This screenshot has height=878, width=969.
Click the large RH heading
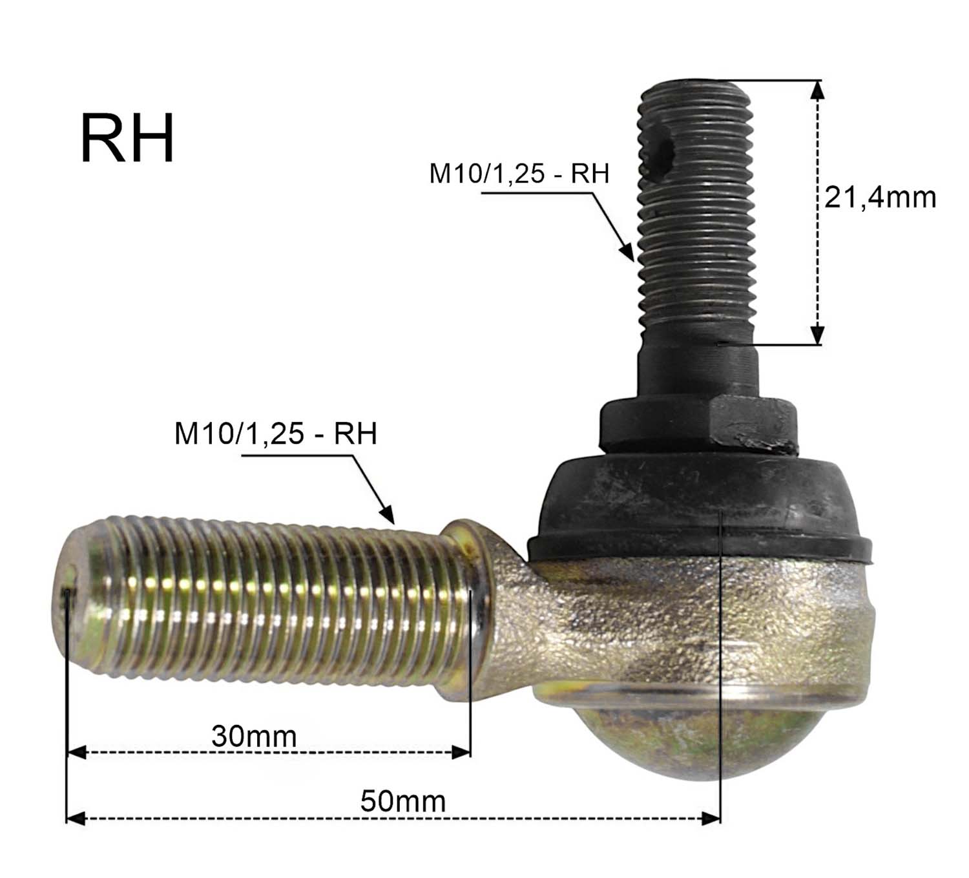127,139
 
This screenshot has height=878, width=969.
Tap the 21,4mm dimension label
880,198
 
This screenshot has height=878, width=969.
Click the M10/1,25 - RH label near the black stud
519,174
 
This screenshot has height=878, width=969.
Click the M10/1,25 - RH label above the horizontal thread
275,434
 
